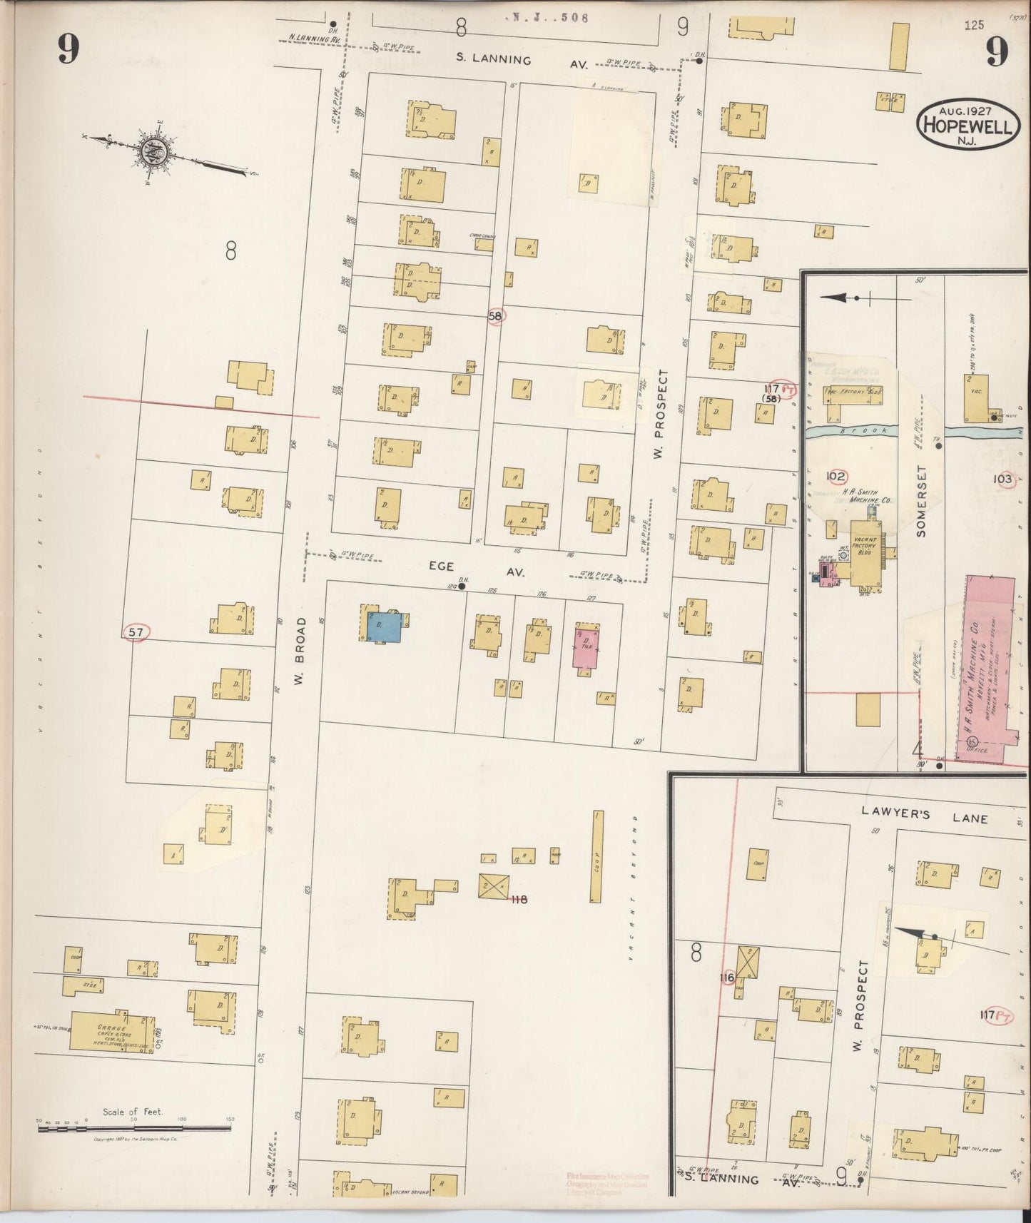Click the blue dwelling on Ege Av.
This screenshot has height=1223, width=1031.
pos(384,627)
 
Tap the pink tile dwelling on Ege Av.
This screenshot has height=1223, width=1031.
pos(586,646)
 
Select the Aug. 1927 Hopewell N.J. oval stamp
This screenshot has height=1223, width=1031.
pos(968,124)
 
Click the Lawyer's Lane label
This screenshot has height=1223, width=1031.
pos(923,815)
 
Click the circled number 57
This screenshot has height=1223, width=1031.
pos(136,631)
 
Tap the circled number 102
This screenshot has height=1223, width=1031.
pos(836,476)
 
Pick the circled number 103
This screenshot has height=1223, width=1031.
pos(1003,479)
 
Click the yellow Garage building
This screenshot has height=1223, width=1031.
pos(112,1031)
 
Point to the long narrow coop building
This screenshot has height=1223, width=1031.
pos(598,856)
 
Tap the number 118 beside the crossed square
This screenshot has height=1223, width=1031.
pos(519,899)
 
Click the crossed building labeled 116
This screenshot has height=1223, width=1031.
pos(748,962)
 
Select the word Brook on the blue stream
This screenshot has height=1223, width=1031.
pos(873,431)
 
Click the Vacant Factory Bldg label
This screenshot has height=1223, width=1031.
pos(865,547)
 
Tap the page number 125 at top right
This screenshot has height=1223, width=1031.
pos(973,25)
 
